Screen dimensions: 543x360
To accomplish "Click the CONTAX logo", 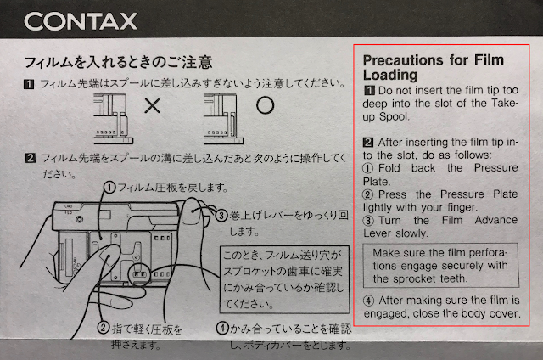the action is point(81,21).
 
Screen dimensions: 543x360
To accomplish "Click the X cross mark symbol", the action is point(153,105).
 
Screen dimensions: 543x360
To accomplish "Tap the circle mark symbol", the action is point(266,105).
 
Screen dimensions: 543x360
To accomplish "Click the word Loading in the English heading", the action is point(390,75).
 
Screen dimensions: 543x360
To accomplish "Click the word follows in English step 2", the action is point(473,155).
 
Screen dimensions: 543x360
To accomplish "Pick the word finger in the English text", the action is point(462,207).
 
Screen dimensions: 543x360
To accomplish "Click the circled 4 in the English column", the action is point(368,301).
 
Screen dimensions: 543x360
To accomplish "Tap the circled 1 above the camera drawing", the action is point(109,188).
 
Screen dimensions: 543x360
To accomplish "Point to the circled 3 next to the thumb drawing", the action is point(221,216).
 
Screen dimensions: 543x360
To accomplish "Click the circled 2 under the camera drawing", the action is point(104,328).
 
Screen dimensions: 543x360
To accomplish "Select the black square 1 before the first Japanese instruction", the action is point(29,84).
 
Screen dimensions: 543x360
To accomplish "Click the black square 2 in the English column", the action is point(368,143).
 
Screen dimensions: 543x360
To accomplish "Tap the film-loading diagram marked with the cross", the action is point(113,119).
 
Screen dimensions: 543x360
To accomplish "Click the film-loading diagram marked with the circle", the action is point(223,119).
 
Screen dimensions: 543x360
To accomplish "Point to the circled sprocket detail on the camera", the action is point(139,273).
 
